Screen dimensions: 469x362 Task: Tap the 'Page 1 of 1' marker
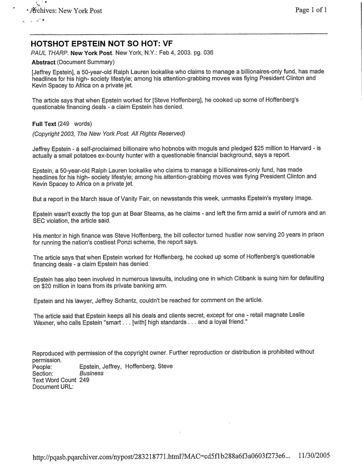pos(311,11)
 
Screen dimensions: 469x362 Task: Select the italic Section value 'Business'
pos(91,374)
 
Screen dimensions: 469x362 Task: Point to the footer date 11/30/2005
pos(314,455)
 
